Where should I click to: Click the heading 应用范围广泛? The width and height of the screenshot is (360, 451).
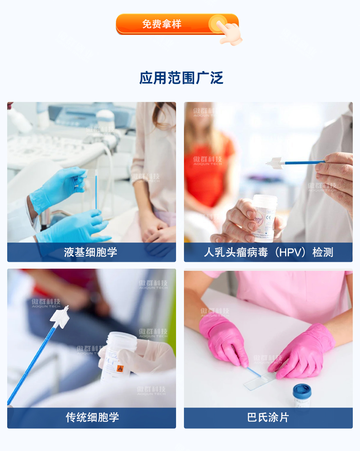tap(181, 78)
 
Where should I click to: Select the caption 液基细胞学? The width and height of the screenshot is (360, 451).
tap(91, 252)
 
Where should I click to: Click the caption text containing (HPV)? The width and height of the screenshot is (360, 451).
tap(268, 252)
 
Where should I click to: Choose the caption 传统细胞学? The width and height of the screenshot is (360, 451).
tap(92, 417)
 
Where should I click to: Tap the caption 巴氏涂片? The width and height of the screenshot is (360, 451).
tap(268, 417)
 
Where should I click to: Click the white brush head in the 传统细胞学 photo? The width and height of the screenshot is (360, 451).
tap(60, 316)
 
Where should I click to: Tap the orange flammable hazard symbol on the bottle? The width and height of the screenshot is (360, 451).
tap(120, 369)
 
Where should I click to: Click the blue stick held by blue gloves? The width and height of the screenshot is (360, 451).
tap(96, 191)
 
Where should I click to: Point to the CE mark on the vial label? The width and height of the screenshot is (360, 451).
tap(269, 217)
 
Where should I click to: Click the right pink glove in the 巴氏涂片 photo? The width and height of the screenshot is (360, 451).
tap(306, 354)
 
